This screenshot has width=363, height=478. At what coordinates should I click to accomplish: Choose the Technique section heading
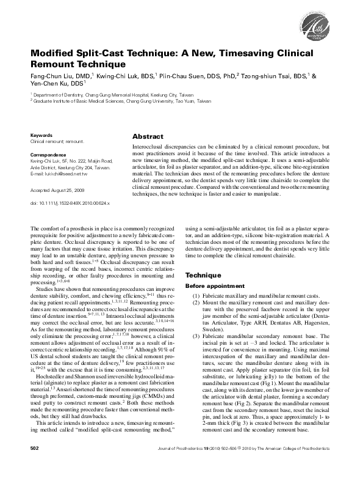(x=204, y=276)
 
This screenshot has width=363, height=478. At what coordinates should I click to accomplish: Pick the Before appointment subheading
(x=209, y=287)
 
